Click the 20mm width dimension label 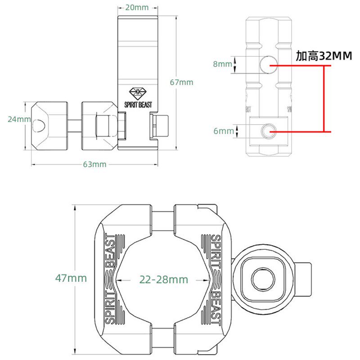pos(137,8)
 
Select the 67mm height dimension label pos(182,82)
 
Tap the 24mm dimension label pos(19,119)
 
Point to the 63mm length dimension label pos(94,164)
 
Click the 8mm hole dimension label pos(222,64)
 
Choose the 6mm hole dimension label pos(224,131)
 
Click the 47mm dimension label pos(71,278)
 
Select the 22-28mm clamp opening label pos(164,279)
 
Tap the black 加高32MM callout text pos(324,56)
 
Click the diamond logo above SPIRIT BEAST pos(138,93)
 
